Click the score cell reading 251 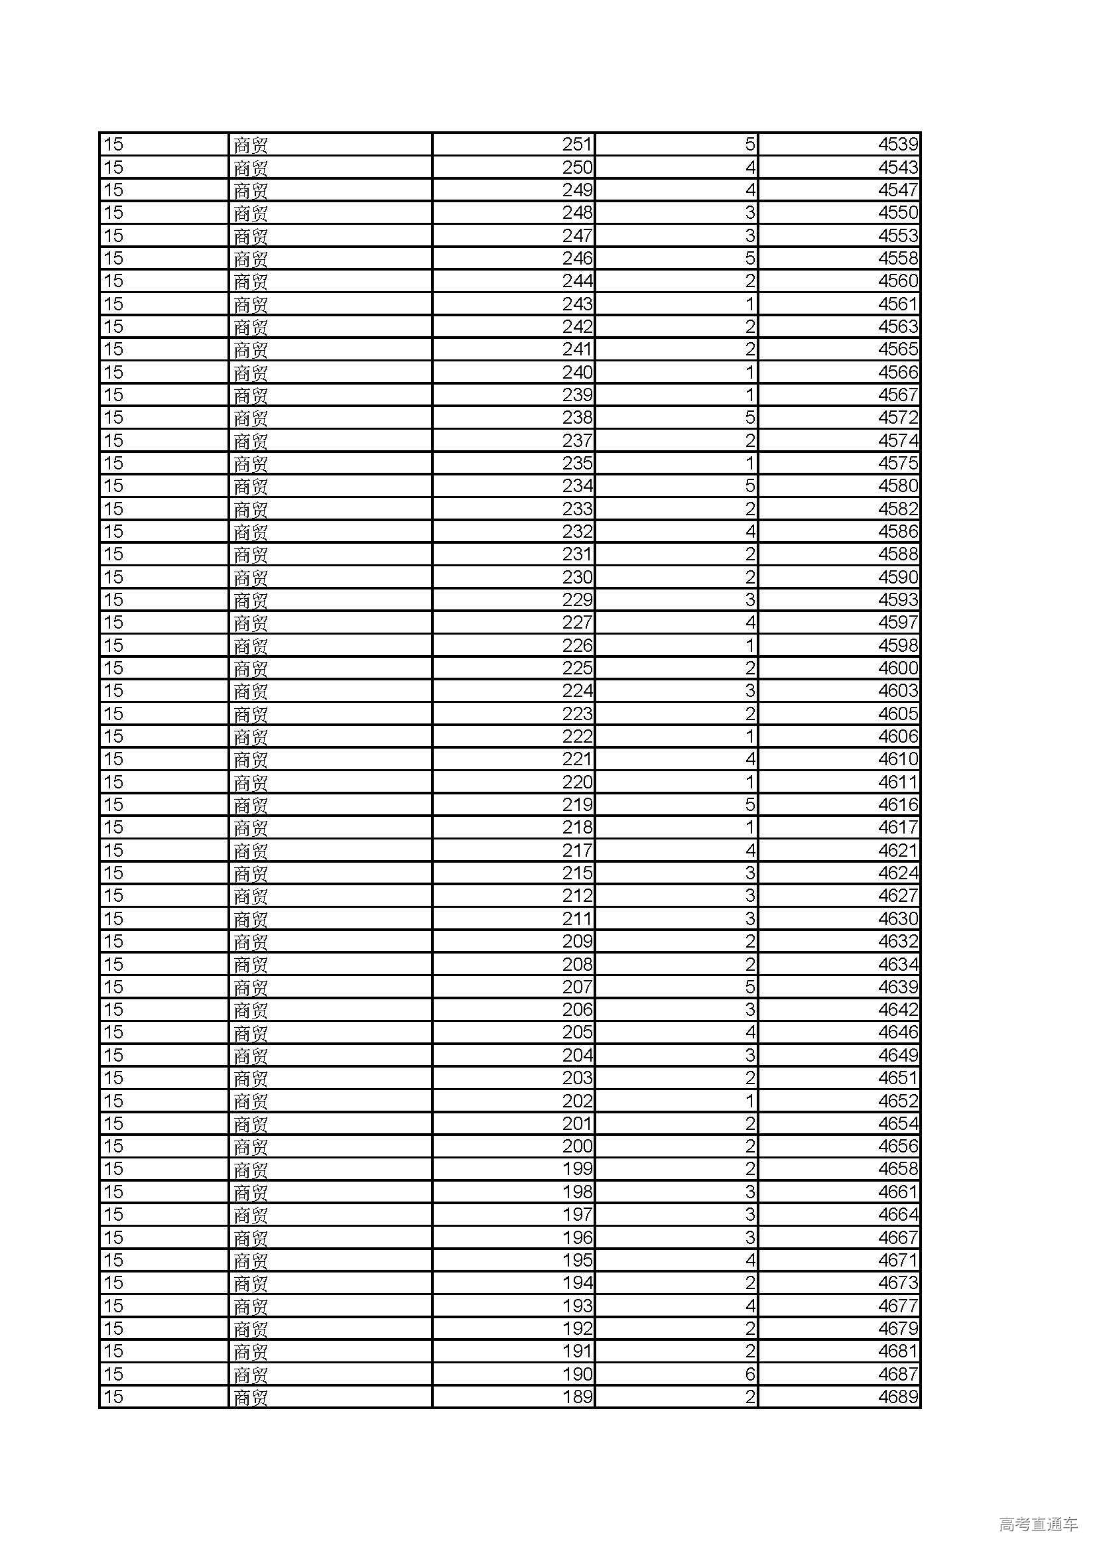(x=577, y=145)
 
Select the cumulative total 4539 (x=898, y=145)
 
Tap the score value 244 (x=577, y=281)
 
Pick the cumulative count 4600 (x=898, y=668)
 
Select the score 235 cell (x=577, y=464)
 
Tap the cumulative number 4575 (x=898, y=464)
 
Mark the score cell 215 (x=577, y=873)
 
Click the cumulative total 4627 (x=898, y=896)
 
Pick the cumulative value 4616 (x=898, y=804)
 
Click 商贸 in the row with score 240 (x=251, y=373)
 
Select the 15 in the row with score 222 (x=113, y=736)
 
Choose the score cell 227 (x=577, y=622)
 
